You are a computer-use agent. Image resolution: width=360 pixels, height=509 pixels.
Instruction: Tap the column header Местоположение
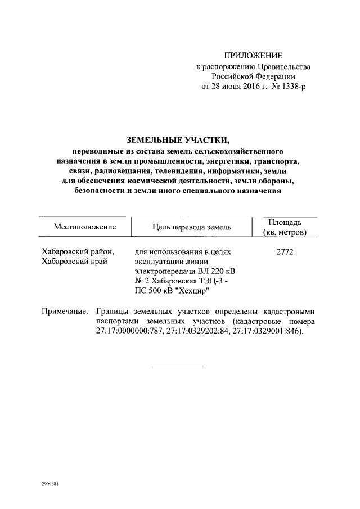pos(85,227)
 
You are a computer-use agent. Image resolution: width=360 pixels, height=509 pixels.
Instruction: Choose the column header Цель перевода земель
pos(192,227)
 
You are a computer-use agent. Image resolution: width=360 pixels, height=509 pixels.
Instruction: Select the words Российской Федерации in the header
pos(253,76)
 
